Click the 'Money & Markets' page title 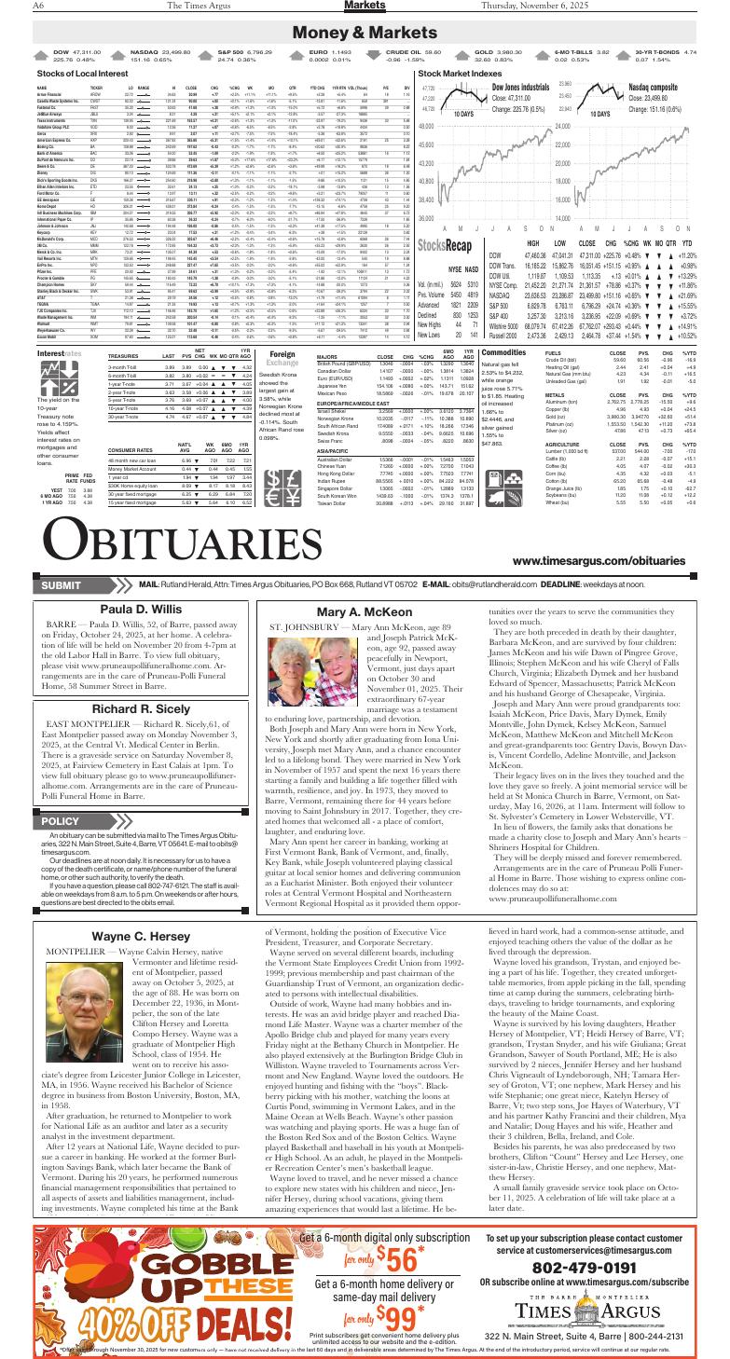tap(365, 34)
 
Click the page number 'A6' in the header tap(18, 7)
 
